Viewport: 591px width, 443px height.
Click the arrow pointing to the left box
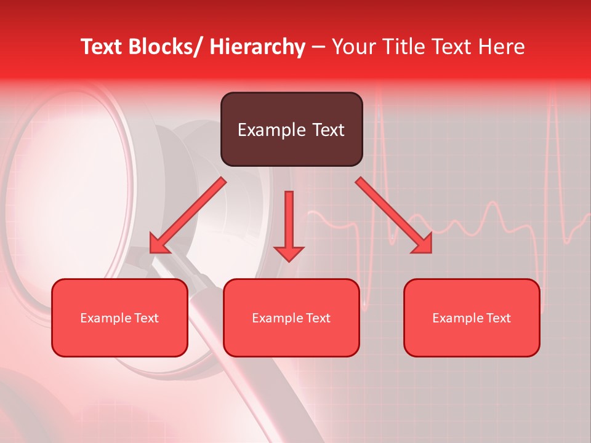click(188, 215)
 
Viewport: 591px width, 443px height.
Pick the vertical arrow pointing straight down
click(289, 221)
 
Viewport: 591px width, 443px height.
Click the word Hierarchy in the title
click(257, 47)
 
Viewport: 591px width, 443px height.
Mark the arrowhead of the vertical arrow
click(289, 253)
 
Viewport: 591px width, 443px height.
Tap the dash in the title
click(318, 47)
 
